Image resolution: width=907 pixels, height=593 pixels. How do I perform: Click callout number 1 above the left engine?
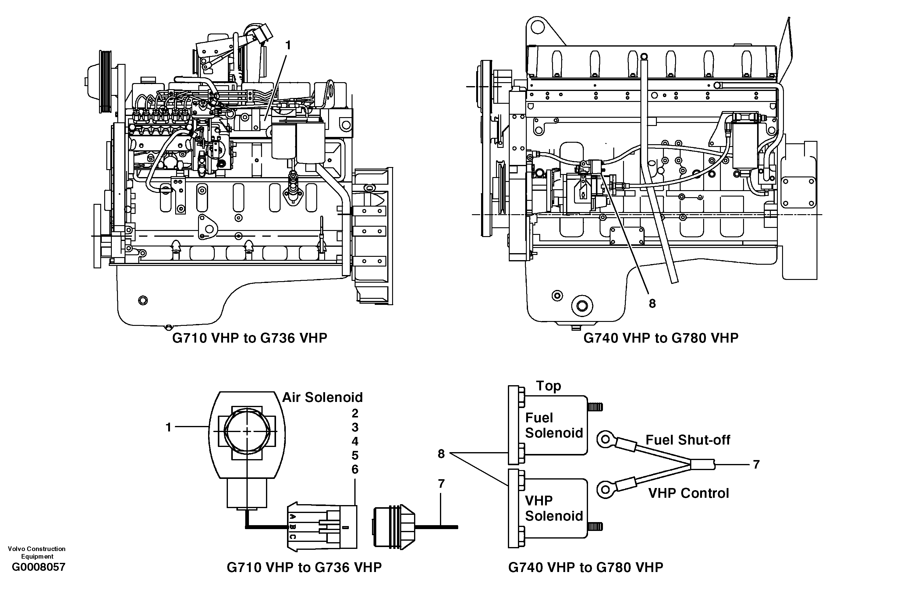[288, 45]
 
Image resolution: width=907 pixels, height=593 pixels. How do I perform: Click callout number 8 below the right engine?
[652, 303]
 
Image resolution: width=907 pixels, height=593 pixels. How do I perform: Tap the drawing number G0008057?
[38, 567]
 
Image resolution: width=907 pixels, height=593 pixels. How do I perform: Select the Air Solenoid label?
[322, 397]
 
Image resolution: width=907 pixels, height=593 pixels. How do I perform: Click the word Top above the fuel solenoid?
[548, 386]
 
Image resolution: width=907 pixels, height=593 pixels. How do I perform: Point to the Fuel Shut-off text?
[688, 440]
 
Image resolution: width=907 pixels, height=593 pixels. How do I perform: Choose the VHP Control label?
[688, 493]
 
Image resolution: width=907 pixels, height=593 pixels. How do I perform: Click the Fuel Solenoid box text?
[553, 425]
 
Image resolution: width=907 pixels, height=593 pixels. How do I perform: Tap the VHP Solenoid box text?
[553, 508]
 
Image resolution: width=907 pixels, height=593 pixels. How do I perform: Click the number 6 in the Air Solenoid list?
[355, 469]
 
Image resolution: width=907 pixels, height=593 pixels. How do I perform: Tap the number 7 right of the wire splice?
[756, 464]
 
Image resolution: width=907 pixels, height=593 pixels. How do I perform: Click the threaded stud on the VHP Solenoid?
[595, 527]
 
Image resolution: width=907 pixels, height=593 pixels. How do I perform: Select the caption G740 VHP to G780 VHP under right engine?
[661, 338]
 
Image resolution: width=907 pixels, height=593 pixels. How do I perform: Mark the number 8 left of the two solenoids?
[441, 454]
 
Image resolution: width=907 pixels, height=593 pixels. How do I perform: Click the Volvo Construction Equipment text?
[37, 552]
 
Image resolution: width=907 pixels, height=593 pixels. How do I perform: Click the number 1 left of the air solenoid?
[168, 427]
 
